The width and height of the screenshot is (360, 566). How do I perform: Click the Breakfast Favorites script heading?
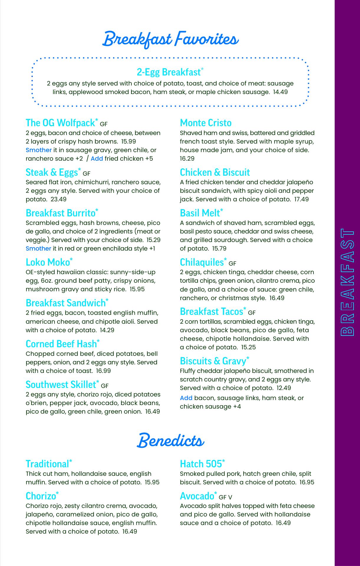point(171,40)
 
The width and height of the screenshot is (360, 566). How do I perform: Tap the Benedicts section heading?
point(171,441)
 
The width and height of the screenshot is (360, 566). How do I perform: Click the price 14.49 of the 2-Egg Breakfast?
point(280,92)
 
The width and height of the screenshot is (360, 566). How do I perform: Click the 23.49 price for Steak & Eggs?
point(59,199)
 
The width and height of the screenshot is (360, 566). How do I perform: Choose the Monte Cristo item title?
point(206,123)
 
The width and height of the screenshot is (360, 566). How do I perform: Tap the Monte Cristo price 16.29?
point(187,159)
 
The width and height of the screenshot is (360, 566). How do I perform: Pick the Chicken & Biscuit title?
point(215,172)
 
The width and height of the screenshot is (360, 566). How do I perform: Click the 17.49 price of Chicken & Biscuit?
point(301,199)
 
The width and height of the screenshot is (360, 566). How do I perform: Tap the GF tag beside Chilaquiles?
point(232,264)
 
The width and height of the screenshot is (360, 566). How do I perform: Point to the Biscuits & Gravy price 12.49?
point(284,388)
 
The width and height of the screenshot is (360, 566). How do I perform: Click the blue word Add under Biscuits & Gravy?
point(186,398)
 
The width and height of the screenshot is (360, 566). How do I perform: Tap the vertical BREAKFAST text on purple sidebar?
point(347,282)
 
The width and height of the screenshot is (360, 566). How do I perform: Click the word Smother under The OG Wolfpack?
point(39,150)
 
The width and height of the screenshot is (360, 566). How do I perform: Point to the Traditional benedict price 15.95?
point(152,482)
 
